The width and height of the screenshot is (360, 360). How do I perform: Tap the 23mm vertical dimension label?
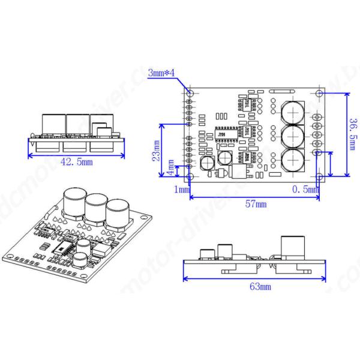point(157,152)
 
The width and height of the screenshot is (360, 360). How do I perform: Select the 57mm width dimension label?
point(256,205)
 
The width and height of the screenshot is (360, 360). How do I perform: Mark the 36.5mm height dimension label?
point(353,135)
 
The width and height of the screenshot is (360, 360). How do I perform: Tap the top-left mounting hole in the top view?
point(191,94)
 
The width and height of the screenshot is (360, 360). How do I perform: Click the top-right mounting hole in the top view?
point(319,94)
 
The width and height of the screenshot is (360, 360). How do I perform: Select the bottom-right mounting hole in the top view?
point(319,176)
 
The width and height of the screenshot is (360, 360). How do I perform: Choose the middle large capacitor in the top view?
point(293,136)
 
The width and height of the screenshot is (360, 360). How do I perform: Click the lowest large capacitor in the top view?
point(293,160)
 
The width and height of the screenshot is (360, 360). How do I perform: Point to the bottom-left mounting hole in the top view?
point(191,177)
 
